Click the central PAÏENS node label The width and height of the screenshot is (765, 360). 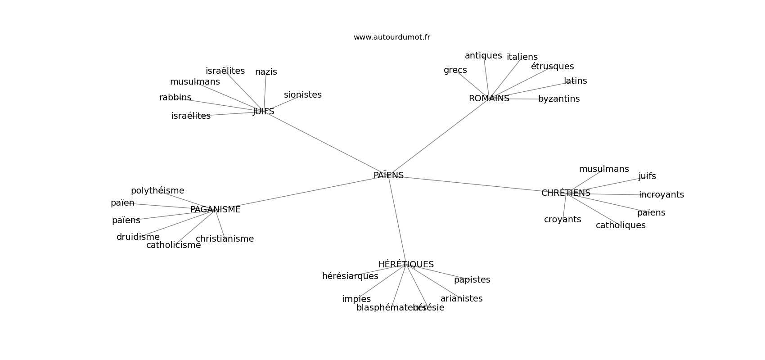point(388,175)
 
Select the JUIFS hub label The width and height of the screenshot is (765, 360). point(263,112)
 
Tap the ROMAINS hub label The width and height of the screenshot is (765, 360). point(489,99)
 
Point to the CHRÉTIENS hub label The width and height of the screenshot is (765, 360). point(566,193)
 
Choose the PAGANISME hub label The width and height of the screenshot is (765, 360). point(215,210)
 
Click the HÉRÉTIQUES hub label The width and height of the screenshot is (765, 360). point(406,265)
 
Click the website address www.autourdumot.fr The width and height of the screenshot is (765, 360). point(391,37)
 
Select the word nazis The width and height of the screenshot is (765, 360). point(266,72)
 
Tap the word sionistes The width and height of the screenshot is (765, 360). point(302,95)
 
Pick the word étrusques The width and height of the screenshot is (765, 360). point(552,67)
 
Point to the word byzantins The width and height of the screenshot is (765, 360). point(559,99)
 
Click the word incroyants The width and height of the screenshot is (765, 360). point(661,195)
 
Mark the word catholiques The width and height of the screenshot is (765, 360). point(621,225)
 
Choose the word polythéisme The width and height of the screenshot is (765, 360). point(157,191)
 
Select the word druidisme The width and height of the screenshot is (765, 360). point(138,237)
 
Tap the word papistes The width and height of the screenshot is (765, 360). point(472,280)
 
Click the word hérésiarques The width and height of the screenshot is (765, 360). point(350,276)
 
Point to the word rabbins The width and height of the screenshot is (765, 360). point(175,98)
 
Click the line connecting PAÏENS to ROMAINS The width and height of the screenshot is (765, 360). point(439,137)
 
